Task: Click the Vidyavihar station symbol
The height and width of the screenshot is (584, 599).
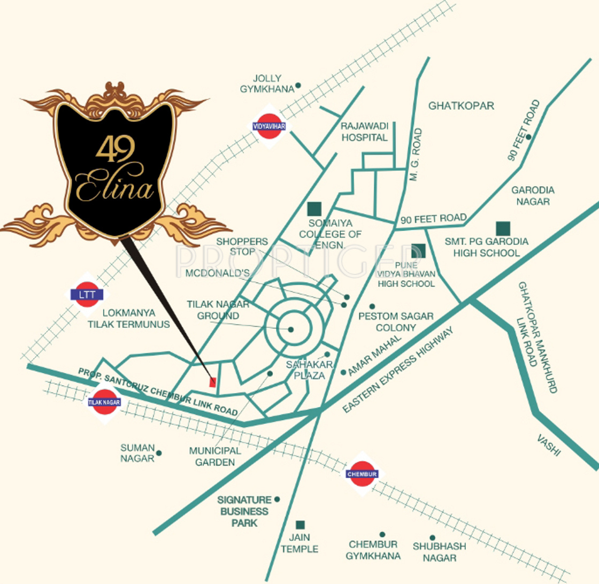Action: pyautogui.click(x=266, y=126)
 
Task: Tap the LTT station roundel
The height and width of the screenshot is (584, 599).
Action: pyautogui.click(x=86, y=294)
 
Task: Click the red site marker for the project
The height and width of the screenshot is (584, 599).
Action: pyautogui.click(x=212, y=382)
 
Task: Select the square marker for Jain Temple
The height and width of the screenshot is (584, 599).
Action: pyautogui.click(x=301, y=525)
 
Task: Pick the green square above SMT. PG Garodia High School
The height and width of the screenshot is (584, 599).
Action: pyautogui.click(x=502, y=228)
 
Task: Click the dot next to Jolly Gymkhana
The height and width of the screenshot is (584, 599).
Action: pyautogui.click(x=298, y=85)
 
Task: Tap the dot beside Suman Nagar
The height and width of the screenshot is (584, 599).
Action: pyautogui.click(x=159, y=453)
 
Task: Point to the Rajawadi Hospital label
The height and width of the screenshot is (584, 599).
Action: pyautogui.click(x=364, y=132)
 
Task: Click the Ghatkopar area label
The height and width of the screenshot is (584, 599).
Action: pyautogui.click(x=461, y=106)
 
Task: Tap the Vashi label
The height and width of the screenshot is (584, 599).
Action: pyautogui.click(x=549, y=445)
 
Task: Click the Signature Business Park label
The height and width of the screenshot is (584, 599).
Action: pyautogui.click(x=244, y=511)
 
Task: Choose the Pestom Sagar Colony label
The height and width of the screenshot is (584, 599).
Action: pyautogui.click(x=396, y=322)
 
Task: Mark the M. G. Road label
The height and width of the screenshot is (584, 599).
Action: pyautogui.click(x=417, y=155)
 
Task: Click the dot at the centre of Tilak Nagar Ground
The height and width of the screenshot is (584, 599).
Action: pyautogui.click(x=290, y=329)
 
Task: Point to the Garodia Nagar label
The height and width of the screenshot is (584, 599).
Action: pyautogui.click(x=533, y=196)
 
